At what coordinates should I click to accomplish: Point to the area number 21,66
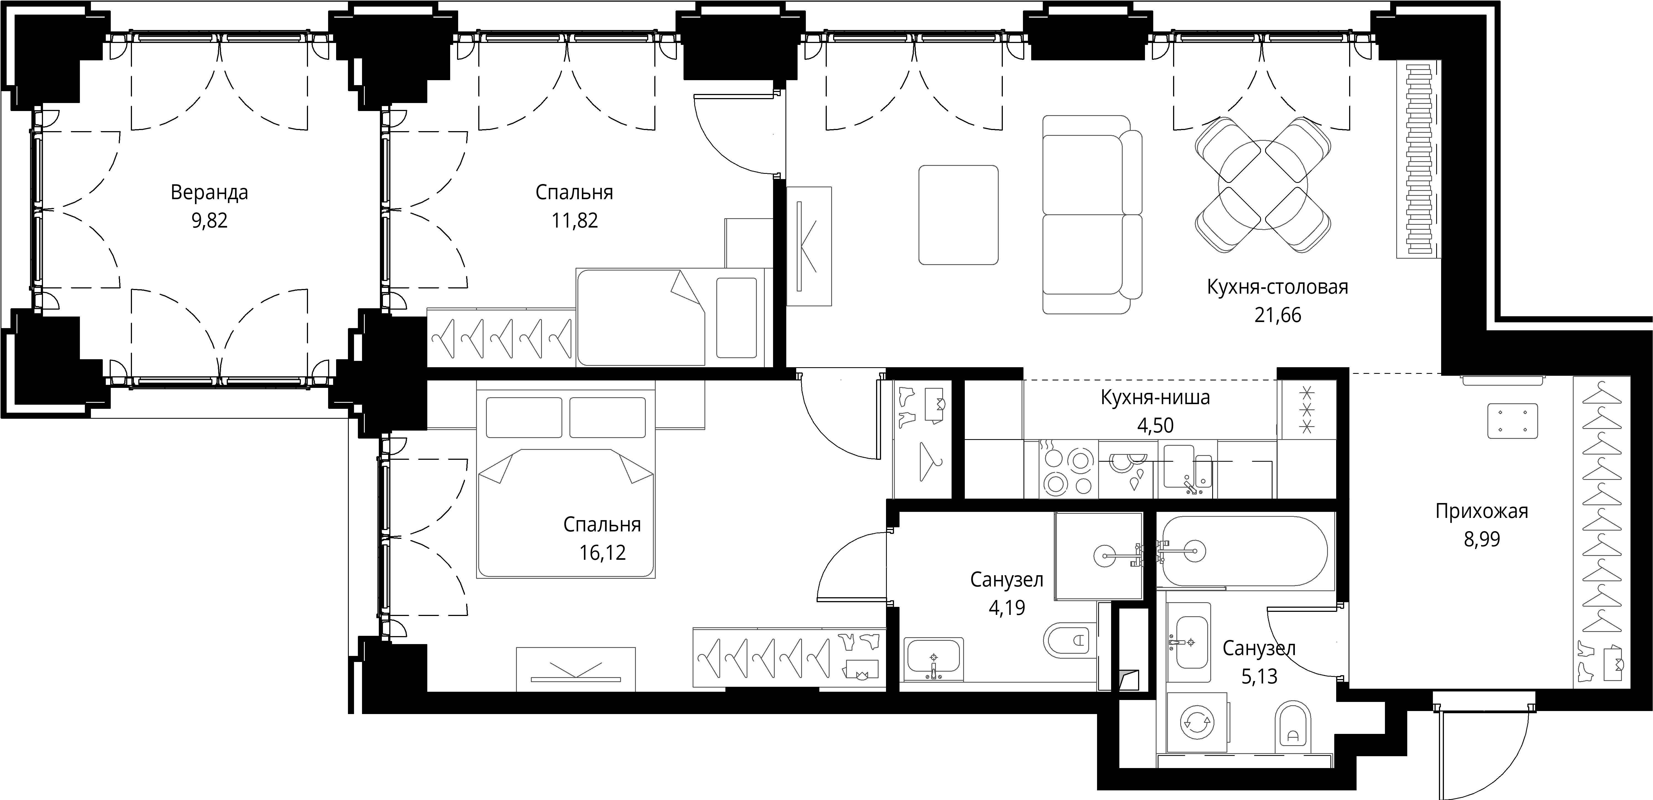[x=1277, y=315]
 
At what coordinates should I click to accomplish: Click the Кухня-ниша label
[x=1155, y=398]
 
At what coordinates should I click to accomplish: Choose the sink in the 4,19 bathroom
[x=934, y=659]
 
